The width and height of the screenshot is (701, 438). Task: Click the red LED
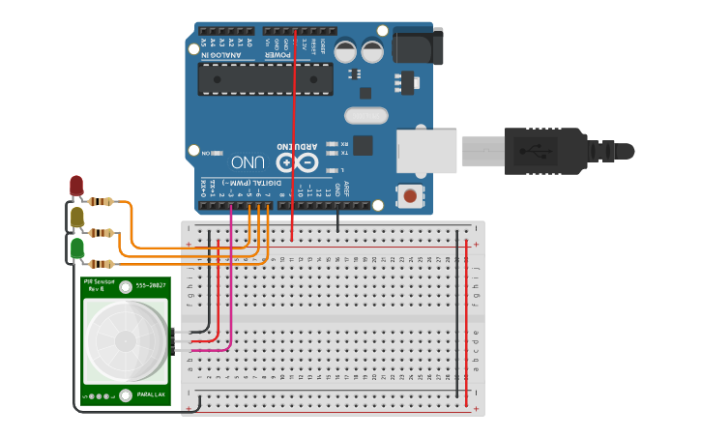coord(76,185)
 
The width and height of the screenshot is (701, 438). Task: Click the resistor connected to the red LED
coord(101,202)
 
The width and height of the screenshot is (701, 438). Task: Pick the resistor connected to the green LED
coord(101,263)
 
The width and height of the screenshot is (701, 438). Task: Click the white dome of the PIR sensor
coord(125,339)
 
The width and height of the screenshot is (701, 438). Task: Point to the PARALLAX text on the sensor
coord(150,394)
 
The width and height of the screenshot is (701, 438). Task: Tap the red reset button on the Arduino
coord(410,196)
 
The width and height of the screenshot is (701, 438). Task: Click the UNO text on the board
coord(249,161)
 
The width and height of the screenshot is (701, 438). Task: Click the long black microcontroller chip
coord(265,79)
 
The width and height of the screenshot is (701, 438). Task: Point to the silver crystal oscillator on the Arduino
coord(365,116)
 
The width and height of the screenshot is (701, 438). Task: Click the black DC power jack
coord(418,46)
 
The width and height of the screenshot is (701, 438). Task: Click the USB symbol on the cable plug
coord(531,151)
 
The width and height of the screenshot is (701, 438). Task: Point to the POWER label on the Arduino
coord(287,55)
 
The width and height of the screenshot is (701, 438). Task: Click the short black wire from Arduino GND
coord(337,221)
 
